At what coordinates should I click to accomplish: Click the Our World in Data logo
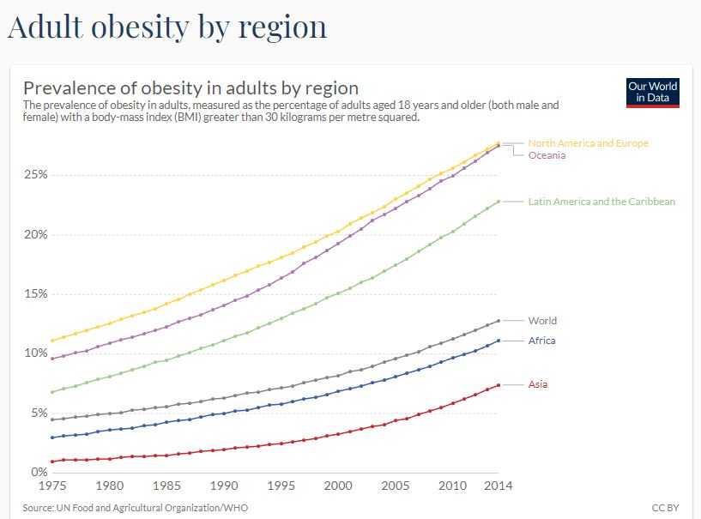coord(653,93)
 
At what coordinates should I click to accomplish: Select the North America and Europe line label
coord(588,143)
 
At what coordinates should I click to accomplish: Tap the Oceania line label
coord(547,155)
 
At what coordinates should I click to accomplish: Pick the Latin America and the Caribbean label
coord(601,202)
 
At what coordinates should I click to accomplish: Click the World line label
coord(542,321)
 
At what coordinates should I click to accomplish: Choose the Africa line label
coord(541,341)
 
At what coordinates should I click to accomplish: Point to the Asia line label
coord(538,384)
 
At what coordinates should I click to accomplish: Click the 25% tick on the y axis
coord(35,174)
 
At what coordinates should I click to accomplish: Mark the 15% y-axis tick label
coord(35,293)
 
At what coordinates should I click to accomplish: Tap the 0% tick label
coord(39,472)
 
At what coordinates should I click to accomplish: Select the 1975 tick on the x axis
coord(53,486)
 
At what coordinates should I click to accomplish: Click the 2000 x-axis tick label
coord(338,486)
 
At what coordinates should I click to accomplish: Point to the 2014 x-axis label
coord(499,486)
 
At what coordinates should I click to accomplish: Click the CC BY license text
coord(666,508)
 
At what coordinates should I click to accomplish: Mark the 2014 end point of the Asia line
coord(499,384)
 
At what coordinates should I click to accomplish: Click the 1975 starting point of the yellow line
coord(53,341)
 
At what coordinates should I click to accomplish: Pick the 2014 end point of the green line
coord(499,202)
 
